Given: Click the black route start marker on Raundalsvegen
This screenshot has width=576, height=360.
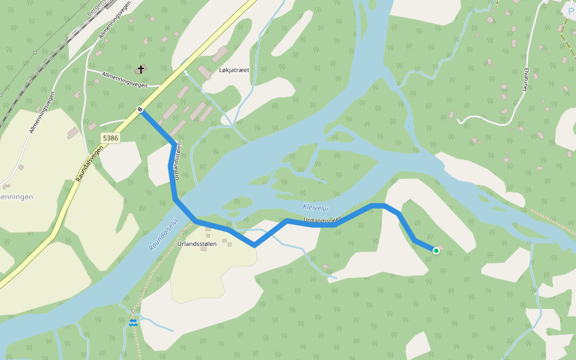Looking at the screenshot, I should (x=140, y=109).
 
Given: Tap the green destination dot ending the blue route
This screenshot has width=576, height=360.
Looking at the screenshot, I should (x=436, y=251).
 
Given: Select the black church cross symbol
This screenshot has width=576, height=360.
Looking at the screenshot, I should (x=141, y=69).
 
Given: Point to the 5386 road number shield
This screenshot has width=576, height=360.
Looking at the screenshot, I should (x=111, y=138).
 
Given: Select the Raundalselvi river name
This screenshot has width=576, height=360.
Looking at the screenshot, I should (x=164, y=234).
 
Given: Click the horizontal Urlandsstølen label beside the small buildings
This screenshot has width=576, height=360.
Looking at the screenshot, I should (x=197, y=244).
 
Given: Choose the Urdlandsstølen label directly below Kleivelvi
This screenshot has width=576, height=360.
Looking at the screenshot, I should (x=322, y=220).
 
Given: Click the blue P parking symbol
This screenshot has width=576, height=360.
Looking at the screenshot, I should (x=571, y=11).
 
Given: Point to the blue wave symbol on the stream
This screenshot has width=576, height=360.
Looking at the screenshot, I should (x=133, y=323).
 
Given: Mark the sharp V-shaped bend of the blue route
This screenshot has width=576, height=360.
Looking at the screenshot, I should (x=254, y=245).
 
